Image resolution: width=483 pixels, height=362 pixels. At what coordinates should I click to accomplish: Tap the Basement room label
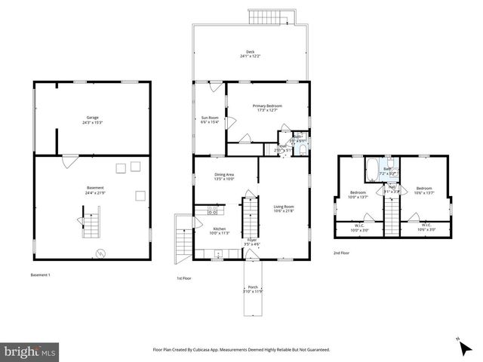[x=94, y=189]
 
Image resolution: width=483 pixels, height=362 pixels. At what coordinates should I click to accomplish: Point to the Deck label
[x=250, y=54]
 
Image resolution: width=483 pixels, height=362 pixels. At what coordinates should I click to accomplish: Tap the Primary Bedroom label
[x=267, y=108]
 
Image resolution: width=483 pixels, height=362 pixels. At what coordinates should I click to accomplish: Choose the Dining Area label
[x=224, y=176]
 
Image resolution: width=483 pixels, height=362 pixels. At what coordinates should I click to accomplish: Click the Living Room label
[x=284, y=208]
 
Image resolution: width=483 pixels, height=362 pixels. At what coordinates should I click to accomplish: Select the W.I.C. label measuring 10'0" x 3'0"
[x=358, y=228]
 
